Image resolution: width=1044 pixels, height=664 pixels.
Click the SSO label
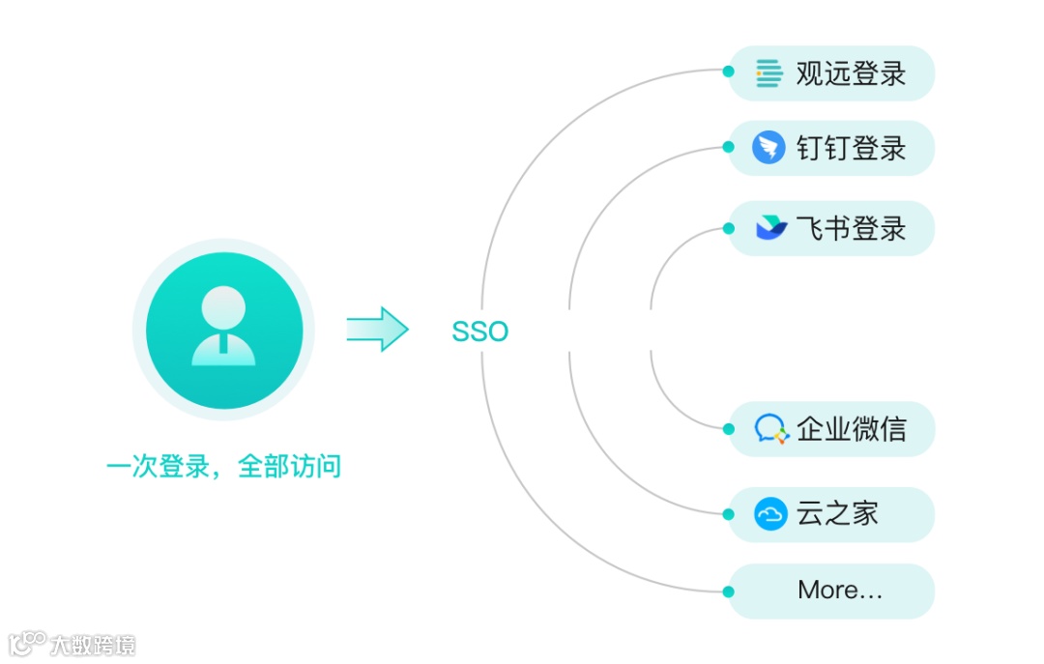479,332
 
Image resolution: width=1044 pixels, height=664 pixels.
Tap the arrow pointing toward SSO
377,330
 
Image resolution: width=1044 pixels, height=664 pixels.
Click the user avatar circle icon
223,330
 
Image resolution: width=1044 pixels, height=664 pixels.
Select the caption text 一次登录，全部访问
223,468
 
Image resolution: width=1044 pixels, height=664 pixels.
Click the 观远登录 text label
851,73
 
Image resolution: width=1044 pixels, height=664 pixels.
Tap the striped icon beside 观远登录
769,73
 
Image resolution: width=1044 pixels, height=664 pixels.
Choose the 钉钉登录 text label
851,149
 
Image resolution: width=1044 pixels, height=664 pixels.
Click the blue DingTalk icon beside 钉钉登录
768,148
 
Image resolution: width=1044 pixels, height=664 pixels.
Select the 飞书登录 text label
851,229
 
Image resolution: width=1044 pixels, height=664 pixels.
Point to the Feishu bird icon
770,229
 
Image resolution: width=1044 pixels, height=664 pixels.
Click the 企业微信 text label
851,429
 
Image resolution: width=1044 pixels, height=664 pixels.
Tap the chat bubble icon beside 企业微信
770,429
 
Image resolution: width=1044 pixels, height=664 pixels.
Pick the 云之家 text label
837,513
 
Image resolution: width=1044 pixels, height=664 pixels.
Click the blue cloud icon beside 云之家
770,513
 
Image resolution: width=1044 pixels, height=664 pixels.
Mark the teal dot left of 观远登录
729,71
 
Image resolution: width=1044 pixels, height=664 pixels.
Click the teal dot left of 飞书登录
729,229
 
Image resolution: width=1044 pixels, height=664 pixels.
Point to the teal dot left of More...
729,591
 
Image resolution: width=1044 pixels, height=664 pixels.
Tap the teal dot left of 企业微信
729,428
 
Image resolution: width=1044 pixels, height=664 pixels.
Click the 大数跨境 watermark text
93,645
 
